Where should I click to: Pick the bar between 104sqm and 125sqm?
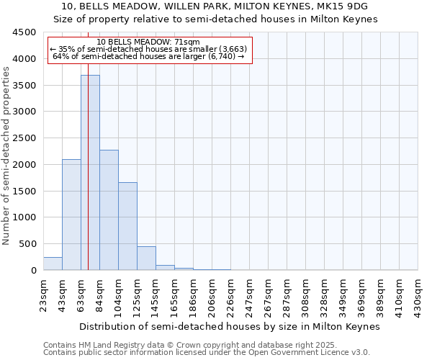[x=127, y=226]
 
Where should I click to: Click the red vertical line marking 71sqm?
[x=88, y=144]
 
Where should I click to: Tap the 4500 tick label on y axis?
[x=24, y=32]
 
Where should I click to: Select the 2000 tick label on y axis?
[x=24, y=165]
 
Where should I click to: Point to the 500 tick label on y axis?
[x=27, y=244]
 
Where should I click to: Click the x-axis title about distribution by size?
[x=229, y=326]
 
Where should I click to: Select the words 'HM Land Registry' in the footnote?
[x=109, y=345]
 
